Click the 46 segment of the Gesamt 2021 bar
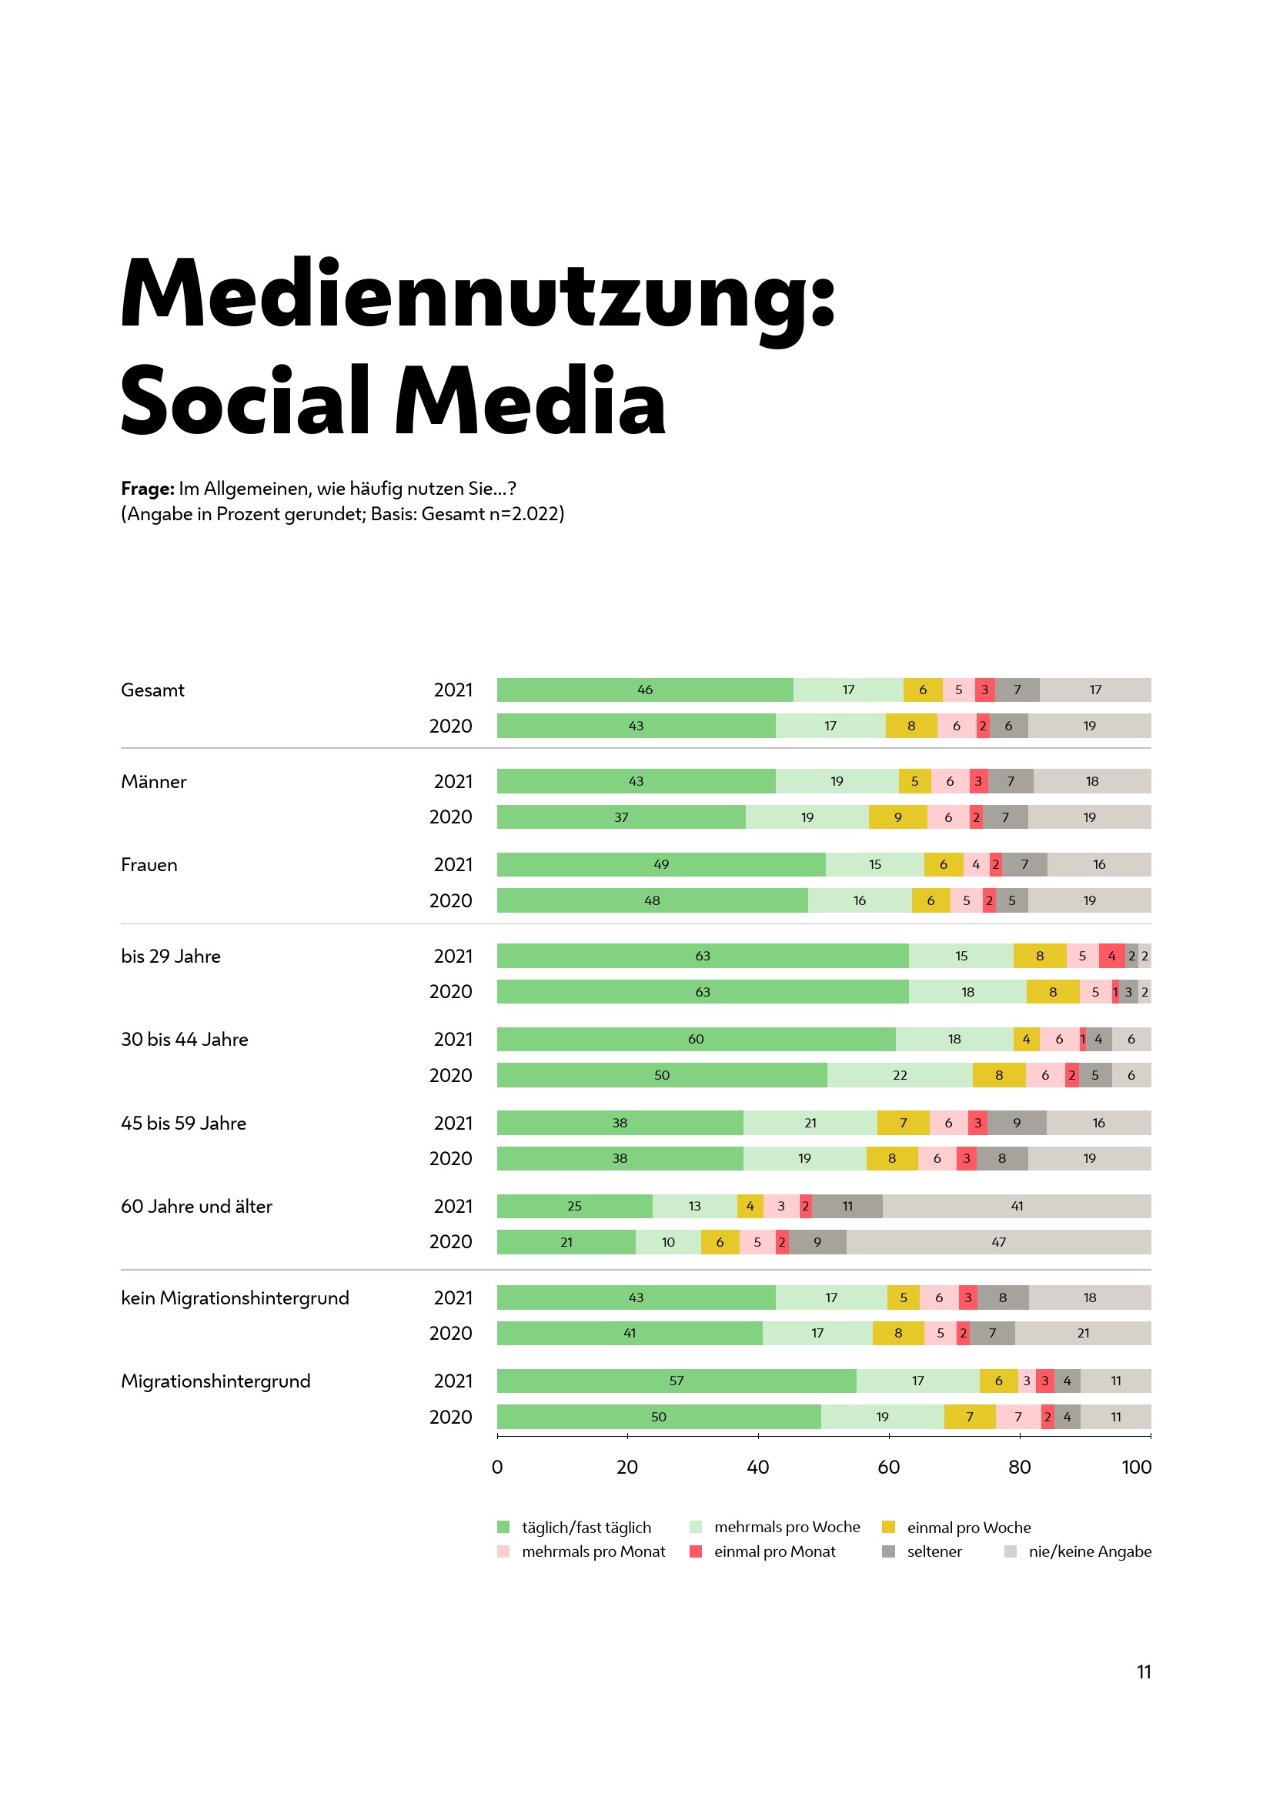click(644, 690)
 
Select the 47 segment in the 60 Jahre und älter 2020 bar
click(998, 1242)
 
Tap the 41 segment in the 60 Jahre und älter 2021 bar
click(1016, 1206)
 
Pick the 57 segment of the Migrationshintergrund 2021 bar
click(676, 1381)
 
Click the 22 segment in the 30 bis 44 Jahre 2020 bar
click(899, 1075)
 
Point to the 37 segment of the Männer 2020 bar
click(621, 817)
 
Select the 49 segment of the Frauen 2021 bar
click(661, 864)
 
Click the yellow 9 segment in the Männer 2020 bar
click(897, 817)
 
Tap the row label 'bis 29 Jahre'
click(171, 957)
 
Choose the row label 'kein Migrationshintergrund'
click(236, 1297)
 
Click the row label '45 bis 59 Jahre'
click(183, 1123)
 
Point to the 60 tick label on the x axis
click(888, 1467)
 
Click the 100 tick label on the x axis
click(1136, 1467)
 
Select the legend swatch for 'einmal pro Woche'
click(888, 1527)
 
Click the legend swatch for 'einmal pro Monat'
click(695, 1551)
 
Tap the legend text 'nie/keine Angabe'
click(1090, 1551)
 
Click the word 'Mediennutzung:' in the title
click(478, 296)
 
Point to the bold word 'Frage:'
click(147, 489)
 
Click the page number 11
click(1144, 1672)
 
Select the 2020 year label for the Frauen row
click(451, 901)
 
